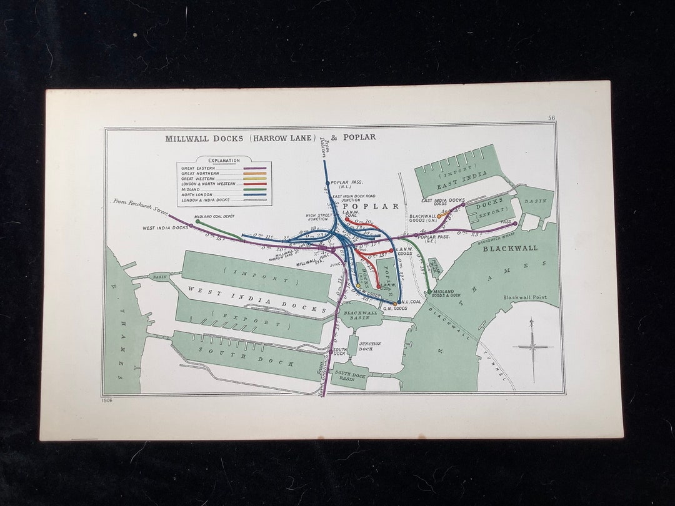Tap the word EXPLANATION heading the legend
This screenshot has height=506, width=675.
(224, 161)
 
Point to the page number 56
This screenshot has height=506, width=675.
(551, 118)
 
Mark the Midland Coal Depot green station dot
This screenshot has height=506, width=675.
(197, 221)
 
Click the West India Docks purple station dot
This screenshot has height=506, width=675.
(191, 226)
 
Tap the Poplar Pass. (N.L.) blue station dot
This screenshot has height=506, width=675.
(327, 183)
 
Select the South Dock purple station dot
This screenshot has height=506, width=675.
(331, 352)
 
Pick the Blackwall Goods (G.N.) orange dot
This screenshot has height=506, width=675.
(439, 216)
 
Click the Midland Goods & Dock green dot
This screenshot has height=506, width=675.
(429, 291)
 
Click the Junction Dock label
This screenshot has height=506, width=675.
(369, 346)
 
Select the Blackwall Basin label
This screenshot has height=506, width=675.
(361, 315)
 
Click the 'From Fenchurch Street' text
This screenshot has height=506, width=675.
(141, 207)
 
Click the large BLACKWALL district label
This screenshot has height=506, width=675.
(509, 248)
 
